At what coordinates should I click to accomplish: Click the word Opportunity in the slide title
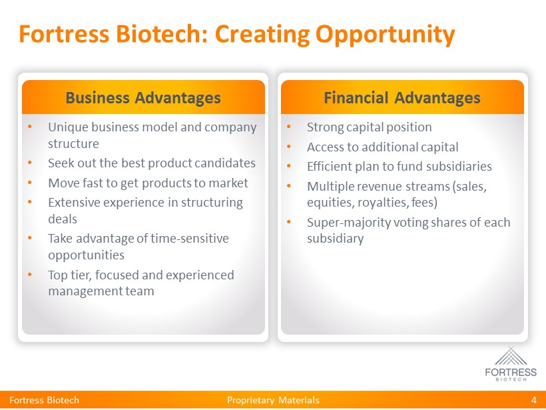(385, 35)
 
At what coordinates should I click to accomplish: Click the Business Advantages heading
(143, 97)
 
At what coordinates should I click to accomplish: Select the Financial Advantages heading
(402, 97)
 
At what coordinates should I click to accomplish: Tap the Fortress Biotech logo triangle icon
(511, 356)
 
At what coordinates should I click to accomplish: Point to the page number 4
(534, 400)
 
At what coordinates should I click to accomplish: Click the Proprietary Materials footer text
(273, 400)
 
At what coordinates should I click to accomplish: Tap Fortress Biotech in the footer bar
(44, 400)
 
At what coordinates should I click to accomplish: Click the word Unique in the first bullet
(68, 127)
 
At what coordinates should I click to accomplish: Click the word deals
(63, 219)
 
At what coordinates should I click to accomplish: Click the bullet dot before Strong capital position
(289, 126)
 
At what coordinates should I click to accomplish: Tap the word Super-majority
(349, 223)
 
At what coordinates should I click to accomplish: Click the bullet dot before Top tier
(29, 275)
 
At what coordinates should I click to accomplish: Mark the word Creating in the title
(262, 35)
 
